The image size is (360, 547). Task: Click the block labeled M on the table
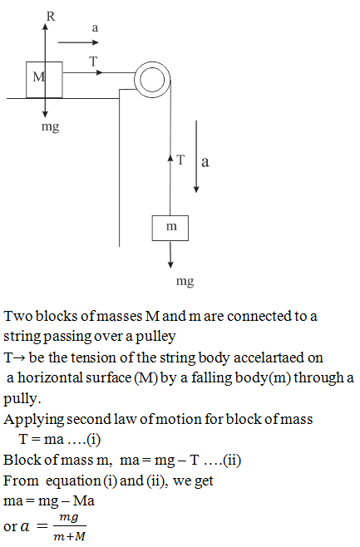tap(44, 80)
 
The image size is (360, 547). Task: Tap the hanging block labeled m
tap(170, 228)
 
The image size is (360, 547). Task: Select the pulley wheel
tap(152, 81)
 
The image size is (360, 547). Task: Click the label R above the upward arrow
tap(51, 17)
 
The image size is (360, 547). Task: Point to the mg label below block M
tap(50, 126)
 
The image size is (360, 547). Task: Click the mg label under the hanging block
tap(185, 281)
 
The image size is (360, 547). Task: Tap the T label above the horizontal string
tap(93, 62)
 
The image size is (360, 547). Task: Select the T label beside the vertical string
tap(180, 160)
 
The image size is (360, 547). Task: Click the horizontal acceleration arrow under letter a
tap(78, 42)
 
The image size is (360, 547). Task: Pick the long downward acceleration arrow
tap(196, 156)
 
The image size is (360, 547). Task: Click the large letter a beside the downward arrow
tap(205, 161)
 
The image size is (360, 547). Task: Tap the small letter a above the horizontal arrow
tap(95, 28)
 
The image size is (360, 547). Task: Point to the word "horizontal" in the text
tap(74, 377)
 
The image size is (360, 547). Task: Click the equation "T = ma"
tap(42, 439)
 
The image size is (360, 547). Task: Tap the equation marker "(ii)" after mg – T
tap(232, 461)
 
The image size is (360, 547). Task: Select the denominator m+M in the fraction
tap(69, 536)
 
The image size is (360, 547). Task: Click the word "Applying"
tap(33, 420)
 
